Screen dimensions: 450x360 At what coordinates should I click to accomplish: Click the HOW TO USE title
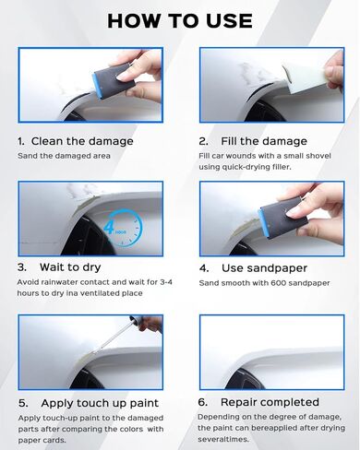(x=179, y=20)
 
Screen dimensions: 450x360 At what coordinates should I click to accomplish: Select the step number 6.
(x=203, y=402)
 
